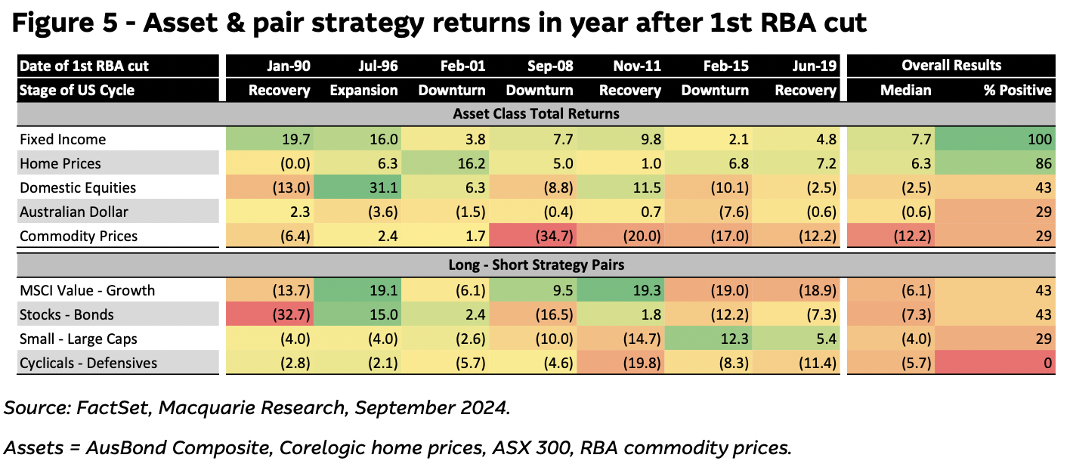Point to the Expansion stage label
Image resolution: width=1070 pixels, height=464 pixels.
[x=363, y=90]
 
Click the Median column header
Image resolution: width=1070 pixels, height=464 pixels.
[x=906, y=90]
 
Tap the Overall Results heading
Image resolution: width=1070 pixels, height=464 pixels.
[x=951, y=66]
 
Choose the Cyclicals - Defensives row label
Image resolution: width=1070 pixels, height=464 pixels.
[x=89, y=363]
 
